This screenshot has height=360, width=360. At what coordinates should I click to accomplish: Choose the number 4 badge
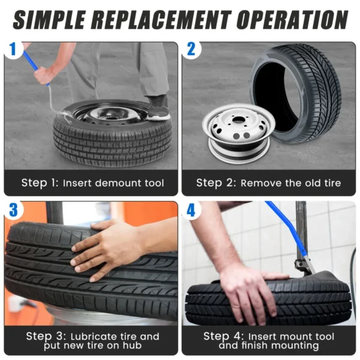coord(191,210)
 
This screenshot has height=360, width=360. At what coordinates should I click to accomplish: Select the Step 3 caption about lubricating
coord(92,340)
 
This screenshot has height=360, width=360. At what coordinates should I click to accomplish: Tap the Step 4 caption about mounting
coord(268,340)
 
